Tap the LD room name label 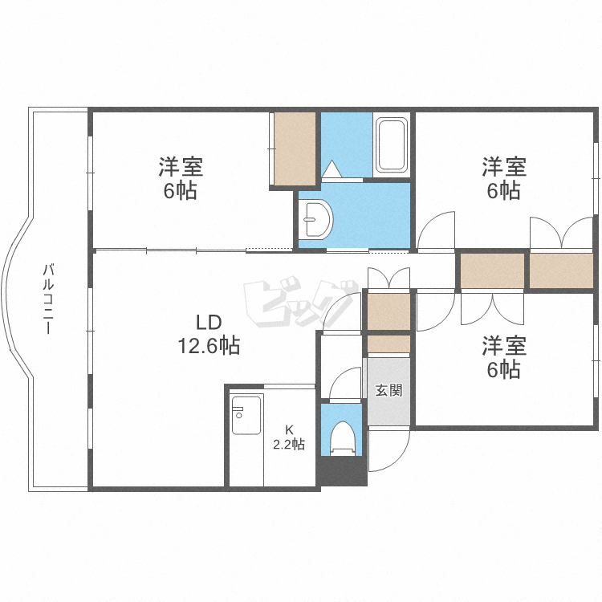point(209,322)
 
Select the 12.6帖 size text point(209,346)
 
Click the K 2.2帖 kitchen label point(287,437)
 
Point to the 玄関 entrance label point(389,391)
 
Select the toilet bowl point(343,438)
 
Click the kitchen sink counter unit point(246,415)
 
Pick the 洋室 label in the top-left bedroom point(181,168)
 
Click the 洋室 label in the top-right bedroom point(504,168)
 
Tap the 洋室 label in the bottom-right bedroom point(504,346)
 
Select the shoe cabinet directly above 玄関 point(388,344)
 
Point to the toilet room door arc point(345,384)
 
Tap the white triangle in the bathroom point(333,169)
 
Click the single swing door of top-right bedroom point(437,231)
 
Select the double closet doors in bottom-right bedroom point(491,308)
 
